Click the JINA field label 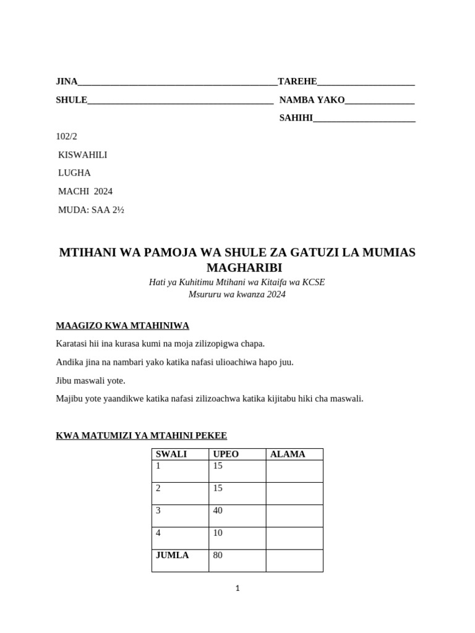[x=67, y=82]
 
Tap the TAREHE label [x=297, y=82]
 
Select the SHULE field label [x=72, y=100]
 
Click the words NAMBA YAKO [x=312, y=100]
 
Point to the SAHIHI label [x=296, y=118]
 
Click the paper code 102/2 [x=67, y=137]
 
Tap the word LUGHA [x=74, y=173]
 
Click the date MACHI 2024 [x=85, y=192]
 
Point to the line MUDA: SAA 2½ [x=91, y=210]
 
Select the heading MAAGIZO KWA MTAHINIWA [x=122, y=325]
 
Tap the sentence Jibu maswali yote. [x=90, y=380]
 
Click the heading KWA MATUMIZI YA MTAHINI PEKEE [x=142, y=436]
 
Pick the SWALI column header [x=171, y=454]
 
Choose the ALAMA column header [x=288, y=454]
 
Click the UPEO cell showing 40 [x=218, y=511]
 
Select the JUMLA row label [x=173, y=555]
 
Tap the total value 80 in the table [x=218, y=555]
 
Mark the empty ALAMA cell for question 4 [x=294, y=538]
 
